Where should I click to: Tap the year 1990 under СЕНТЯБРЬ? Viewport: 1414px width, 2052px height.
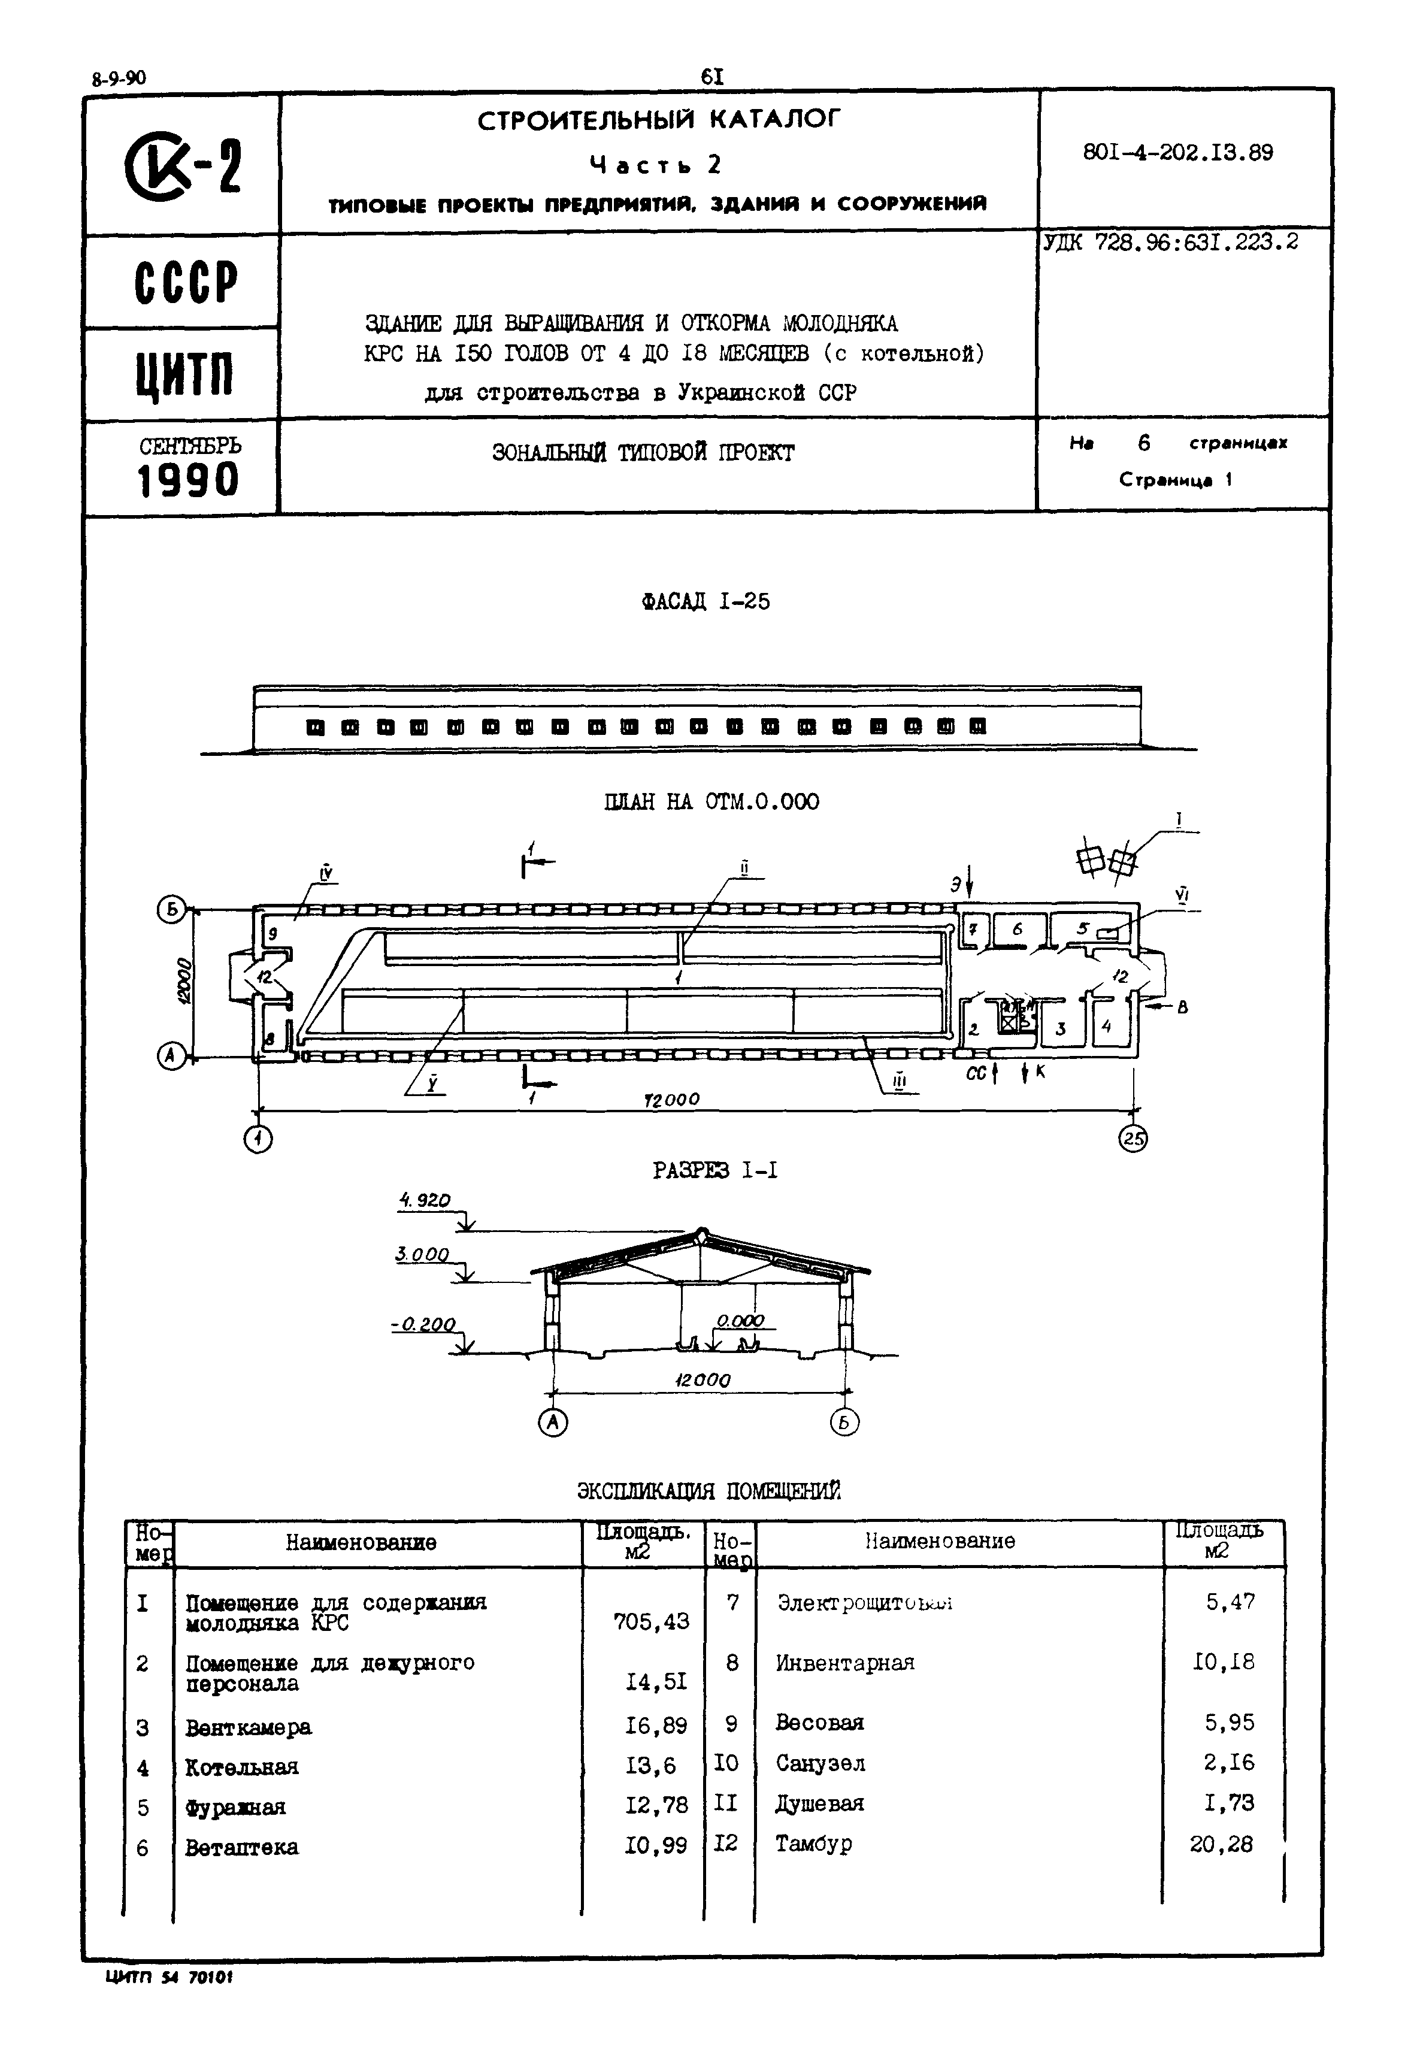pyautogui.click(x=189, y=481)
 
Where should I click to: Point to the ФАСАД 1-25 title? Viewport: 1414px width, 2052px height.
pyautogui.click(x=706, y=601)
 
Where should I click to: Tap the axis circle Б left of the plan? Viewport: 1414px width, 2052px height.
pyautogui.click(x=170, y=909)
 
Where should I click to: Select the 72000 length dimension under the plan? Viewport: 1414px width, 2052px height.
pyautogui.click(x=671, y=1100)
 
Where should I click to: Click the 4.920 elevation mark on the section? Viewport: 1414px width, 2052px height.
pyautogui.click(x=425, y=1200)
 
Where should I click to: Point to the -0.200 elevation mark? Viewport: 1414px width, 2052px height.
pyautogui.click(x=423, y=1325)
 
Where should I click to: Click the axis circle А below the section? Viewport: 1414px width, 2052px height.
pyautogui.click(x=553, y=1422)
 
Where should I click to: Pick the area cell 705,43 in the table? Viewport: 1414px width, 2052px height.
pyautogui.click(x=650, y=1623)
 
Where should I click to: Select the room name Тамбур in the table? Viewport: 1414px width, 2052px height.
pyautogui.click(x=813, y=1843)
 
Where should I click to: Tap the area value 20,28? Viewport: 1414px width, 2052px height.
pyautogui.click(x=1221, y=1844)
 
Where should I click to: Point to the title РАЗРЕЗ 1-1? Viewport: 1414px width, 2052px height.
pyautogui.click(x=715, y=1170)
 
